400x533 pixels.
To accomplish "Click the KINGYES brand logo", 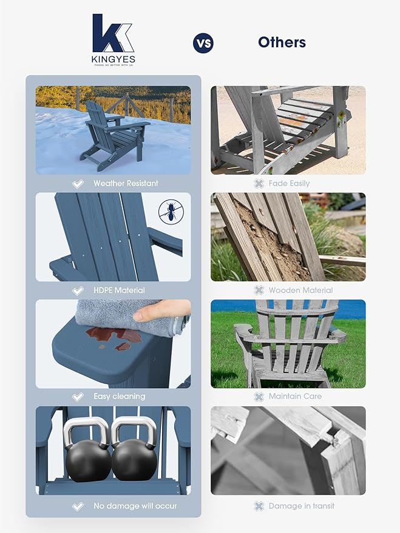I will (114, 39).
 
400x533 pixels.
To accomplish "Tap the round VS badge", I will (203, 43).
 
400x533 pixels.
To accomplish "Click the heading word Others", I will (282, 42).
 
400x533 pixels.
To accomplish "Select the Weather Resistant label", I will (126, 183).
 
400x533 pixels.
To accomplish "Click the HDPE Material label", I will (119, 290).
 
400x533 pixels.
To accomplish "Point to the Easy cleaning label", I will (119, 397).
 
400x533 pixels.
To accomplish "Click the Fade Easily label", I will (290, 183).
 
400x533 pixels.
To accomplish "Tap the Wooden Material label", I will (300, 290).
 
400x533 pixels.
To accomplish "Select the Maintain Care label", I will (296, 397).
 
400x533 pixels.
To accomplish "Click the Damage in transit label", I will (301, 506).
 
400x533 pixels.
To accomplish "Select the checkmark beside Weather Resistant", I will (78, 183).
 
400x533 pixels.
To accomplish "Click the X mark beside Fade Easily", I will (259, 183).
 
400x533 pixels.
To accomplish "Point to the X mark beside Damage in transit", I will (259, 506).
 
